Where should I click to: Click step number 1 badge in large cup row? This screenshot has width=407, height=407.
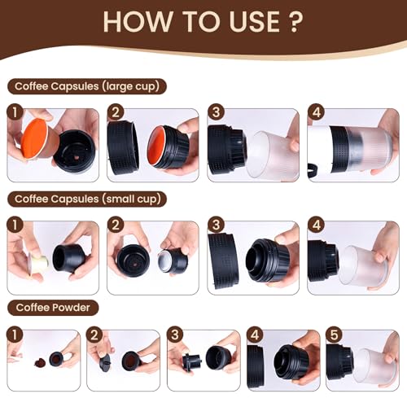point(13,112)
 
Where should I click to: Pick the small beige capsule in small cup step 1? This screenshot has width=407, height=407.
point(37,262)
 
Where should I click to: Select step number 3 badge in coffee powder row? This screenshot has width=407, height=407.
point(173,334)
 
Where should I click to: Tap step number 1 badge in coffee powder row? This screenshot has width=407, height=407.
point(13,334)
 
